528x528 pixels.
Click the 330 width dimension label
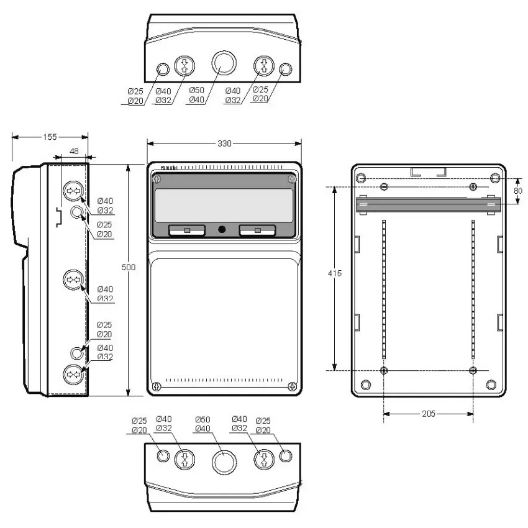point(224,143)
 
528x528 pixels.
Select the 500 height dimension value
point(128,267)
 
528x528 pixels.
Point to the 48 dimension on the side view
point(74,151)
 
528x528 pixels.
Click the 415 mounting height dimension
point(334,273)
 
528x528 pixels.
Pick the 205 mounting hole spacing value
point(429,413)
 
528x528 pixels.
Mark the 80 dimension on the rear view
point(518,190)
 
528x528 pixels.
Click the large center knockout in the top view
point(224,63)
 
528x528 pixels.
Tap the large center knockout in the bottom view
point(224,461)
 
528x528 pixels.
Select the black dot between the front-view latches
point(222,230)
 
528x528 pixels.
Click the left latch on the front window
point(186,230)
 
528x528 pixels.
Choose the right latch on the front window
point(257,230)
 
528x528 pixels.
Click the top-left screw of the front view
point(156,180)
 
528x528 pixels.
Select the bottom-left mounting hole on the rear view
point(385,371)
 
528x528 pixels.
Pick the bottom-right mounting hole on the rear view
point(473,371)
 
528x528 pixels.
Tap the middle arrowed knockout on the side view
point(73,281)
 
